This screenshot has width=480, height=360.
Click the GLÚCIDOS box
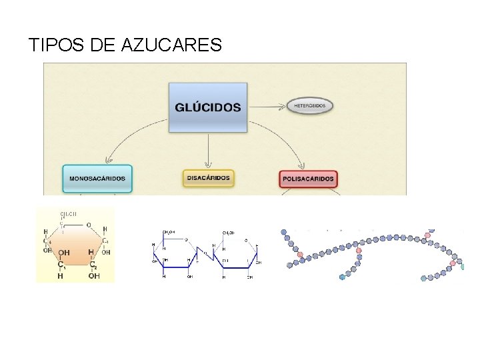pyautogui.click(x=207, y=107)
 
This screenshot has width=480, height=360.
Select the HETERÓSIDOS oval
pyautogui.click(x=310, y=105)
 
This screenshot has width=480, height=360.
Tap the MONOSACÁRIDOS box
pyautogui.click(x=97, y=178)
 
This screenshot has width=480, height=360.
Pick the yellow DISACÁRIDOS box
pyautogui.click(x=208, y=178)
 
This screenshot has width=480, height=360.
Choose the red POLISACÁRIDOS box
pyautogui.click(x=308, y=179)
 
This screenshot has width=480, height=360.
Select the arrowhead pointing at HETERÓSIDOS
pyautogui.click(x=284, y=105)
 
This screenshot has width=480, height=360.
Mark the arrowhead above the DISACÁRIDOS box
pyautogui.click(x=208, y=165)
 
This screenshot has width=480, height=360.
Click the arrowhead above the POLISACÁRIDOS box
pyautogui.click(x=305, y=166)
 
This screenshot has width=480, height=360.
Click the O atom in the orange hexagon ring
pyautogui.click(x=89, y=225)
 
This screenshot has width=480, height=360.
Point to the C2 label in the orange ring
pyautogui.click(x=93, y=265)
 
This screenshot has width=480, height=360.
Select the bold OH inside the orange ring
pyautogui.click(x=64, y=253)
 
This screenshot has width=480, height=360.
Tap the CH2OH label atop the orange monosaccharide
pyautogui.click(x=67, y=214)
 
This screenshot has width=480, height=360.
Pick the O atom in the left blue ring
pyautogui.click(x=187, y=239)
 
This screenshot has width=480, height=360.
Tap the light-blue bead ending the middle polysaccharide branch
pyautogui.click(x=343, y=275)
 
